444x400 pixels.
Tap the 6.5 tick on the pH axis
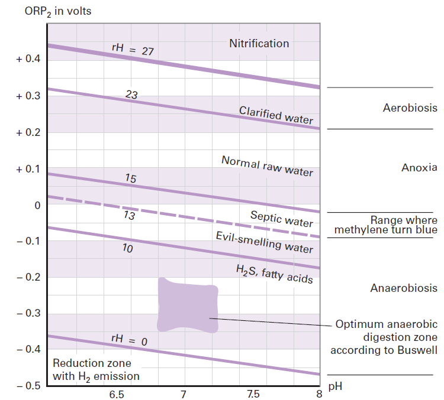[116, 394]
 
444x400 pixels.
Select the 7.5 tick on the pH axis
[252, 394]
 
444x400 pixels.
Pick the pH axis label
[336, 387]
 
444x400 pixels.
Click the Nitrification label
[259, 43]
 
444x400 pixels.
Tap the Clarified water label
[276, 115]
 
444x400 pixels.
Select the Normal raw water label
[267, 166]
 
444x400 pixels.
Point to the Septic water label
[282, 219]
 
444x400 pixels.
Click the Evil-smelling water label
[264, 242]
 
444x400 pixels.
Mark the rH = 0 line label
[128, 340]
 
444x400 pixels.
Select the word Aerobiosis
[410, 108]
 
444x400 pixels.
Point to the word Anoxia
[419, 168]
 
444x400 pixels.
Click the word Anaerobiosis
[404, 288]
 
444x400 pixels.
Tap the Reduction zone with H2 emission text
[96, 369]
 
